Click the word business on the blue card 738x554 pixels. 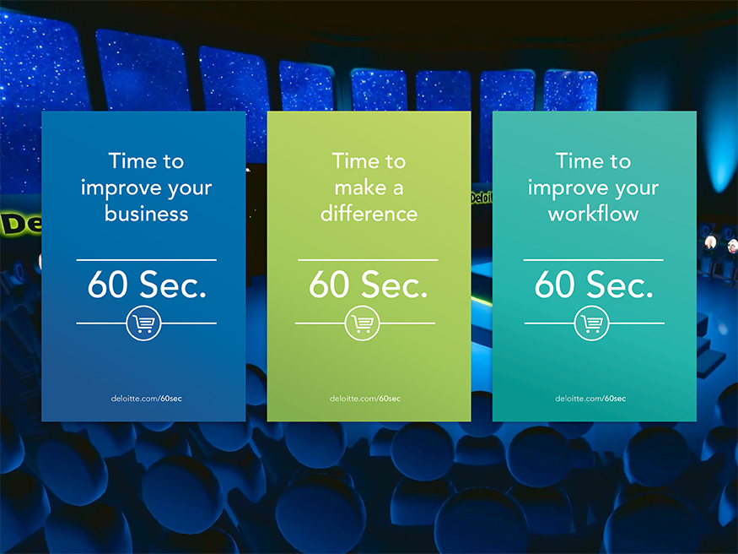click(x=147, y=214)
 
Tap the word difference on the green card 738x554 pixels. click(x=369, y=214)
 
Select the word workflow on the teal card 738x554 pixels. click(x=593, y=214)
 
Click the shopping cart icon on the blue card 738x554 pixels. click(x=143, y=323)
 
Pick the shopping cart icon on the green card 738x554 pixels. click(x=363, y=323)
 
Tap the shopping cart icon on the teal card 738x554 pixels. click(x=591, y=323)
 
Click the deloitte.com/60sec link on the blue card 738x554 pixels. click(x=147, y=399)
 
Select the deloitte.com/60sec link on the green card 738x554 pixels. click(x=365, y=399)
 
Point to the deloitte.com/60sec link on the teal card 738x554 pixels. click(x=590, y=399)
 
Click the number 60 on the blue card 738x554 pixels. click(x=107, y=285)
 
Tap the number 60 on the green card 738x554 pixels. click(x=329, y=285)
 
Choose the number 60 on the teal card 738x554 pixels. click(x=554, y=285)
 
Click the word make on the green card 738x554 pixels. click(x=360, y=188)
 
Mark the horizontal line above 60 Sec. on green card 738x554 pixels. click(x=368, y=259)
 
